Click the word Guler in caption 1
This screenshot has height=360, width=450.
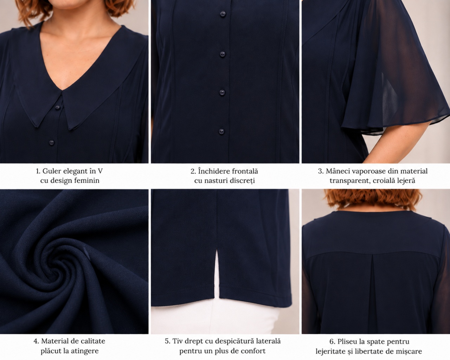coord(52,171)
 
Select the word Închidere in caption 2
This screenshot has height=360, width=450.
coord(212,171)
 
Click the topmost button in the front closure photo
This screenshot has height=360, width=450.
coord(223,14)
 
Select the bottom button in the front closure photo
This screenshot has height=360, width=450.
coord(221,131)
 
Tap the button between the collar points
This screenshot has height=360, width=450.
coord(57,108)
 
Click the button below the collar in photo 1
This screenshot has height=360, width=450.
coord(51,143)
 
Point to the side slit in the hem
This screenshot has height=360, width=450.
coord(217,274)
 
